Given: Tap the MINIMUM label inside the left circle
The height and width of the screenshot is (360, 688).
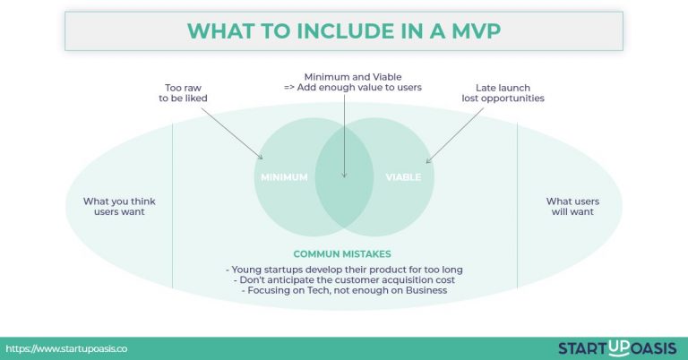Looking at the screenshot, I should click(285, 177).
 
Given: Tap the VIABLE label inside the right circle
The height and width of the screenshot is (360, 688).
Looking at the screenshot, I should click(403, 177).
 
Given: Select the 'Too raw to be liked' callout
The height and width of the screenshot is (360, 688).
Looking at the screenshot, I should click(174, 92).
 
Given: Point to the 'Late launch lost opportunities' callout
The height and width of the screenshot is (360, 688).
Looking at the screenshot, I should click(509, 92).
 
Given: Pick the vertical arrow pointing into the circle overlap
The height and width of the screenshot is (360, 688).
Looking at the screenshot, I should click(344, 134).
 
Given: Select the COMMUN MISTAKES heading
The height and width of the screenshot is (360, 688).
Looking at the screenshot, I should click(344, 253).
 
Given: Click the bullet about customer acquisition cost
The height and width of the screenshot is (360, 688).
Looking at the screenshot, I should click(344, 279).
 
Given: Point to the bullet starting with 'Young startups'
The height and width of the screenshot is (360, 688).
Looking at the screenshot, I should click(344, 269).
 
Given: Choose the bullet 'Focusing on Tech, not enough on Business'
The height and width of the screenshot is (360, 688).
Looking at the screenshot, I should click(344, 290).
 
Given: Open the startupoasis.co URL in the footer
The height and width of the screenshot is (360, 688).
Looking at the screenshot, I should click(66, 347).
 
